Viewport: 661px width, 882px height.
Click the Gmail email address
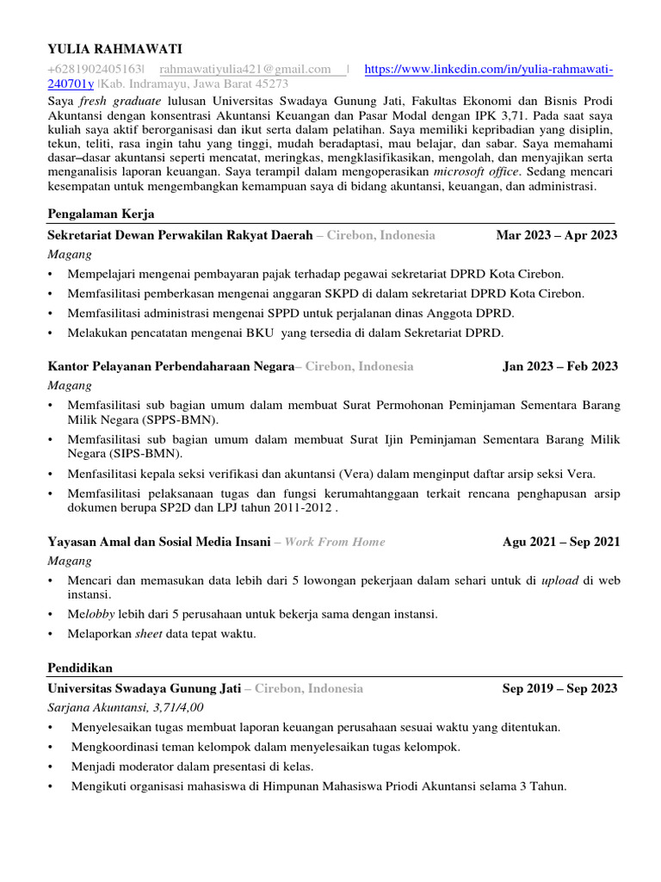[x=246, y=69]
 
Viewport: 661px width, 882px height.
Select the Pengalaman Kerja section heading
[x=101, y=214]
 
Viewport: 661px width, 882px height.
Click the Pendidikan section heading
[x=80, y=668]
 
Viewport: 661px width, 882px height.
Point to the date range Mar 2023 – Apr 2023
[x=557, y=235]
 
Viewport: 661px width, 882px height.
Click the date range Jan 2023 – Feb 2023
[x=559, y=366]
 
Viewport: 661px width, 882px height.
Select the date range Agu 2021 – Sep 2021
[x=560, y=542]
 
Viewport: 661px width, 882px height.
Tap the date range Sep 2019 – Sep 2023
[x=559, y=688]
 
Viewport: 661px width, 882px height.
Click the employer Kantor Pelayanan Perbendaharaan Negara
[x=171, y=366]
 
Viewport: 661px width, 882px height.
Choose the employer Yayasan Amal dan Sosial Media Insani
[x=159, y=542]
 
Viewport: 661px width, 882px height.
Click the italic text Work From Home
[x=335, y=542]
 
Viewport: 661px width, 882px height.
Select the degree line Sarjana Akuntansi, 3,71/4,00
[x=126, y=707]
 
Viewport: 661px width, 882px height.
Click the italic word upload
[x=559, y=581]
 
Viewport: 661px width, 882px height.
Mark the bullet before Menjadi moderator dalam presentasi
[x=53, y=767]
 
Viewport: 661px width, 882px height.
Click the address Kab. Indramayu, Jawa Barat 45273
[x=195, y=84]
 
